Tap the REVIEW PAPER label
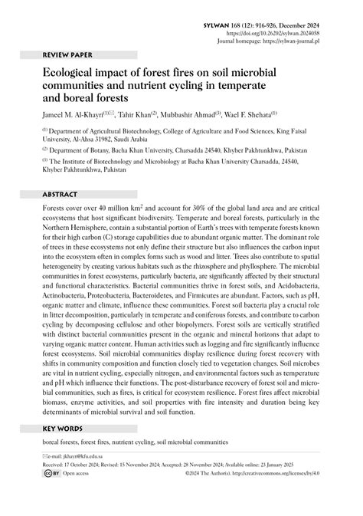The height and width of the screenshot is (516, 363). point(66,56)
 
